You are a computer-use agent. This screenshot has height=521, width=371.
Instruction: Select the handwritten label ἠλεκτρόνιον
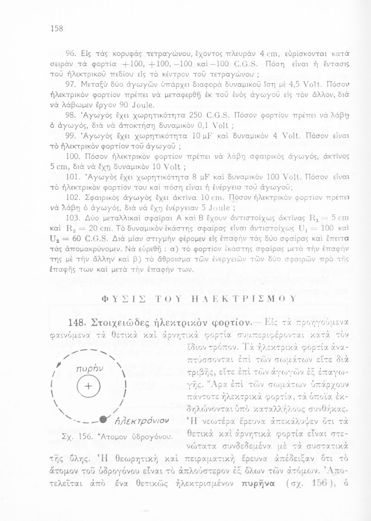point(133,422)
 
